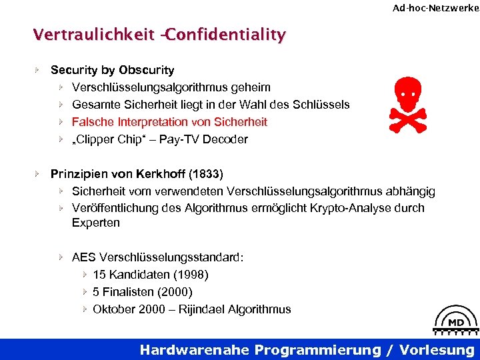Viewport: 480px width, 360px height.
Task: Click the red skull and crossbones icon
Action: tap(407, 105)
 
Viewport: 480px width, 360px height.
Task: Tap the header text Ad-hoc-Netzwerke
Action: tap(435, 8)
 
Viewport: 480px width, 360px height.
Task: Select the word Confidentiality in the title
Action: tap(225, 34)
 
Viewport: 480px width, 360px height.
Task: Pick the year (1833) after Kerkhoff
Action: tap(207, 174)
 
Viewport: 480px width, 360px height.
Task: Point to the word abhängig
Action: tap(411, 191)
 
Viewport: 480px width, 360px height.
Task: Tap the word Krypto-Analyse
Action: tap(348, 208)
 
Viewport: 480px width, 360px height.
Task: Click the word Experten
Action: tap(96, 223)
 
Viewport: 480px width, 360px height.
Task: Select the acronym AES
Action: tap(84, 257)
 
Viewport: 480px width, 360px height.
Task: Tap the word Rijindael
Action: tap(197, 309)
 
